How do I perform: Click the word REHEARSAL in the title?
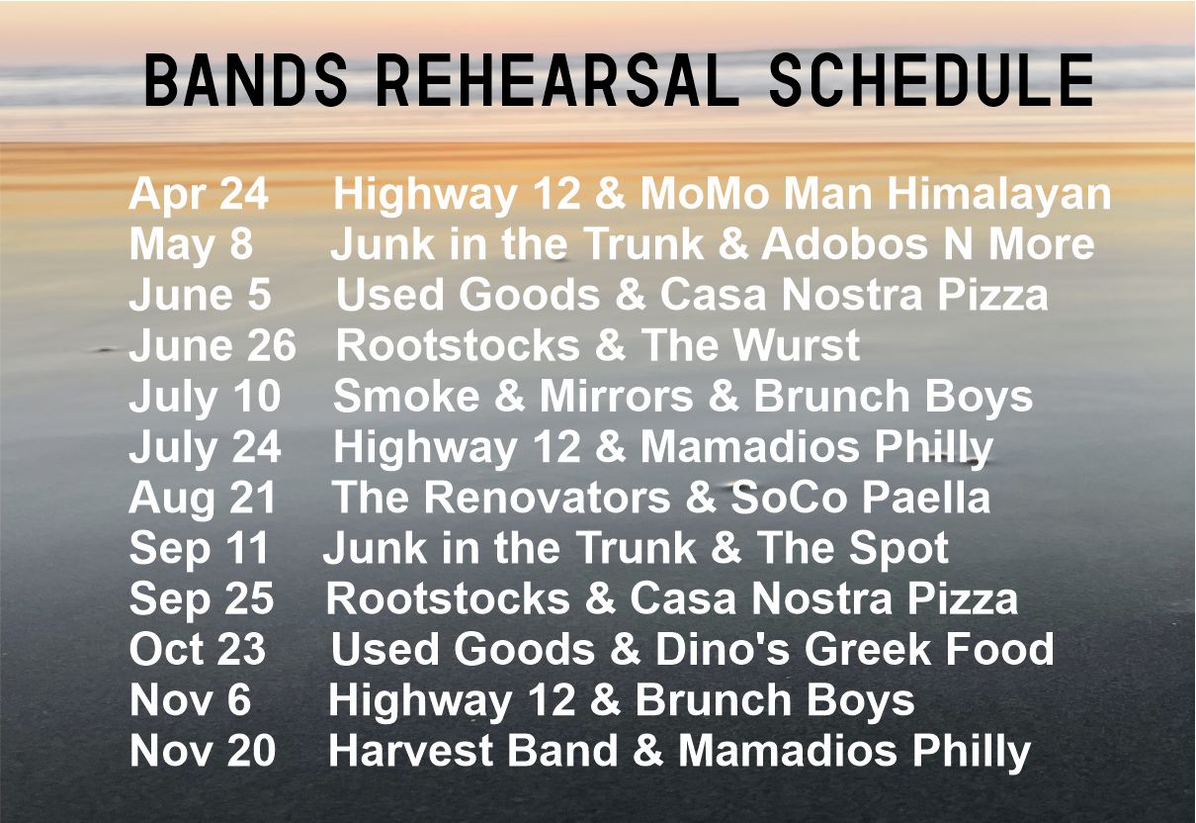pos(557,81)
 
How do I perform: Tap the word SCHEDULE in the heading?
pos(931,81)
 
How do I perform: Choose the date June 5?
pos(200,295)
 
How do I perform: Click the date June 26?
pos(212,345)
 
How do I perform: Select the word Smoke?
pos(406,396)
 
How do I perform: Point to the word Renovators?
pos(548,498)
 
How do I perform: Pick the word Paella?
pos(926,498)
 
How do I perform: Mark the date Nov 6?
pos(190,700)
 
